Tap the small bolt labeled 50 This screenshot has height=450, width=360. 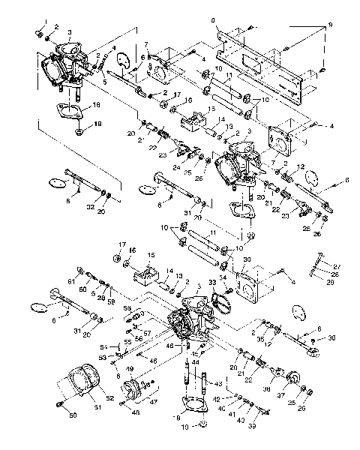pos(58,404)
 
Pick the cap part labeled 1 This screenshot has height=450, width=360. pos(38,33)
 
